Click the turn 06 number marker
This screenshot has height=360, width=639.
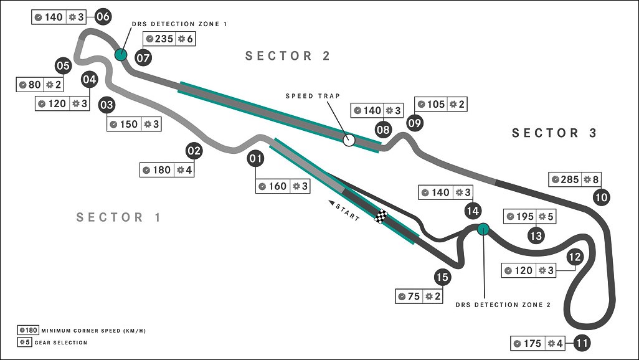[x=103, y=17]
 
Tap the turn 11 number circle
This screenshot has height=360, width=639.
[x=582, y=343]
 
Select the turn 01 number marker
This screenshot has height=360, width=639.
[x=255, y=158]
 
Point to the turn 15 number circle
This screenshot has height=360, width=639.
[x=442, y=277]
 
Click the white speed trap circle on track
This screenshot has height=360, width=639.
[x=348, y=140]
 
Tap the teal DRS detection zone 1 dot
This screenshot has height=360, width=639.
[x=121, y=54]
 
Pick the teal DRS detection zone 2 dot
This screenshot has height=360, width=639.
[x=483, y=229]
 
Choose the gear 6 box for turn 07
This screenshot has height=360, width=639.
[x=185, y=39]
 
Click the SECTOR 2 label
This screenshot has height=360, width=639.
[x=287, y=55]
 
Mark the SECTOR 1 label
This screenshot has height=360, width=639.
[x=118, y=217]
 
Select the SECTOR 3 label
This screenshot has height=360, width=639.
[x=554, y=133]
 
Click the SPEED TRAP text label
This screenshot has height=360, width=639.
[x=313, y=96]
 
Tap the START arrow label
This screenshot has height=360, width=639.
[x=344, y=211]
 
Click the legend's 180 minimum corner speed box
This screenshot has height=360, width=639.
[x=28, y=330]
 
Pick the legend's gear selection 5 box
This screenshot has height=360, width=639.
[x=24, y=342]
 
